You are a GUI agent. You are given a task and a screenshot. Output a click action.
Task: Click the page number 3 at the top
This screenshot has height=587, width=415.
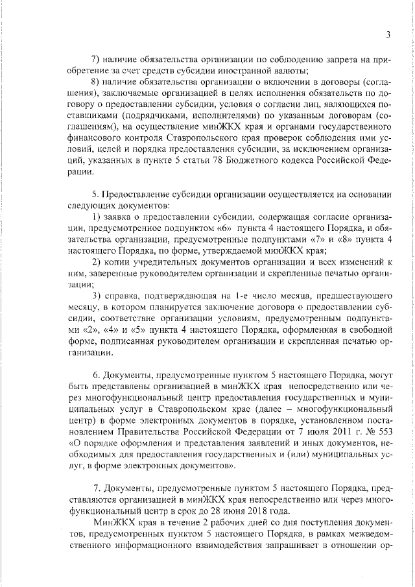387,34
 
